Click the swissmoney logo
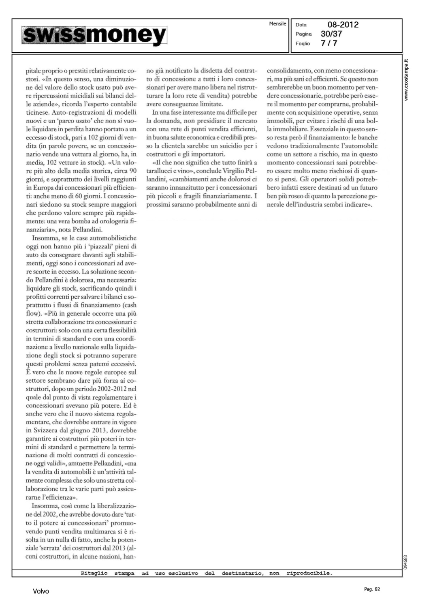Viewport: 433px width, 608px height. [94, 35]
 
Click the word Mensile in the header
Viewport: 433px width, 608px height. [277, 24]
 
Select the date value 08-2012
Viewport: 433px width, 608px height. [343, 25]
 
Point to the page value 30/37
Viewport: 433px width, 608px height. [331, 34]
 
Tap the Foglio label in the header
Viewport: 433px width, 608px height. [303, 43]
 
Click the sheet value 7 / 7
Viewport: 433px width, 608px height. [328, 43]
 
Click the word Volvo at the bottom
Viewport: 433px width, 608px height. [41, 591]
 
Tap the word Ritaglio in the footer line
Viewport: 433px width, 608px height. [94, 573]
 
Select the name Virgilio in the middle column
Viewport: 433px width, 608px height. [235, 171]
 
